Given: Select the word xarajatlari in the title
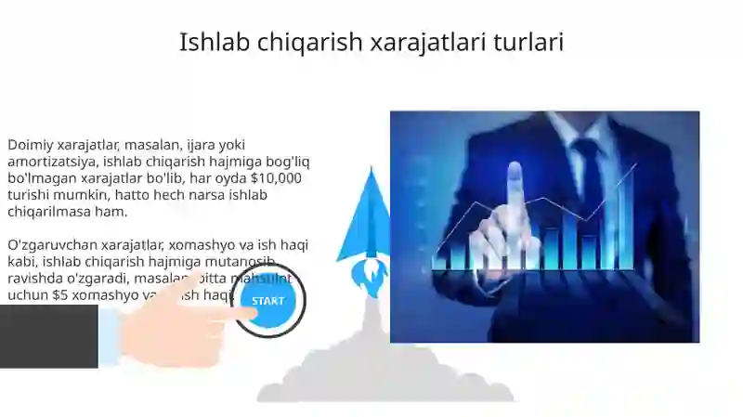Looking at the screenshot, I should [x=426, y=42].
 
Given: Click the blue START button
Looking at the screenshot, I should [x=268, y=301].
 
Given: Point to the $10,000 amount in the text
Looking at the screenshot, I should [x=276, y=178].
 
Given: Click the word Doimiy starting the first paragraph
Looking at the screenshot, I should [x=31, y=145].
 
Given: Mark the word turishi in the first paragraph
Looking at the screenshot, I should [x=30, y=195].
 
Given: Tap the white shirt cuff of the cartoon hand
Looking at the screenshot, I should [x=110, y=334].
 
